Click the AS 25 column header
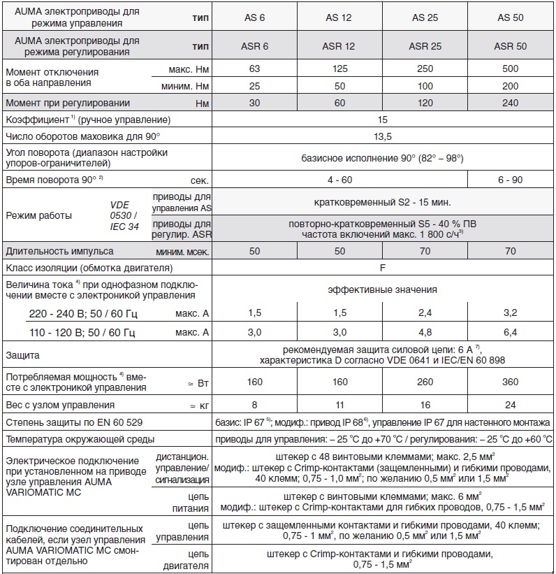coord(425,17)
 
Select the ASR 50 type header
coord(509,46)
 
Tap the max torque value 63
coord(254,70)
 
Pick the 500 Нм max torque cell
coord(509,70)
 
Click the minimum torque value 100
coord(425,87)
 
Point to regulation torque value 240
coord(509,103)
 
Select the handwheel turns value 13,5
coord(382,136)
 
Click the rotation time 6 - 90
coord(509,179)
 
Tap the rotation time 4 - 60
coord(339,179)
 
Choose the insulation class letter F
coord(382,267)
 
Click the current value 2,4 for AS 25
coord(425,313)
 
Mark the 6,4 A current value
coord(509,332)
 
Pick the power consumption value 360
coord(509,382)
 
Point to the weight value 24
coord(509,405)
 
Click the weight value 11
coord(339,405)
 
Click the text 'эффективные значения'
coord(382,289)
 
